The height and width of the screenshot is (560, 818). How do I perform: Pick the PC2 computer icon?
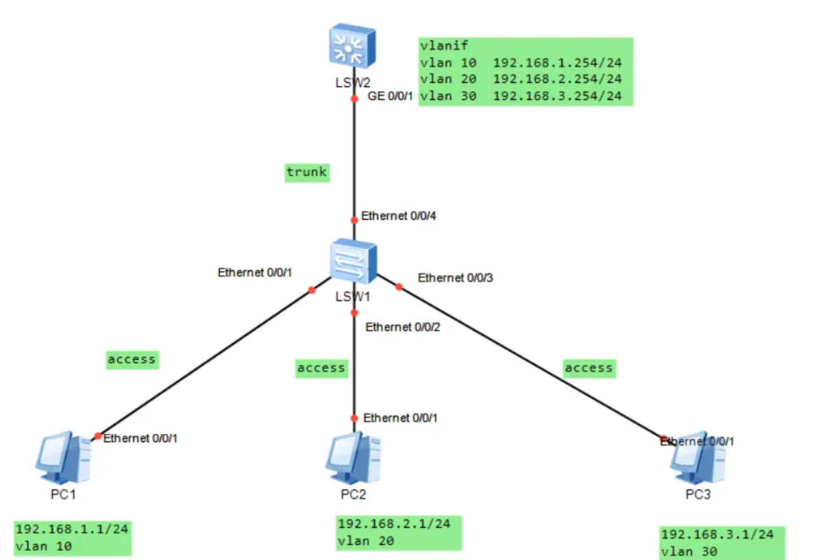354,456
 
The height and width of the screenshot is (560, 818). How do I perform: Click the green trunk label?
307,173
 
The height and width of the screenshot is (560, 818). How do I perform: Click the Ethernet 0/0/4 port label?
399,217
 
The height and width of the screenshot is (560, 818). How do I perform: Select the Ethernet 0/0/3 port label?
455,277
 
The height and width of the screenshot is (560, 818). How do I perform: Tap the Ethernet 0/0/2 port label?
403,327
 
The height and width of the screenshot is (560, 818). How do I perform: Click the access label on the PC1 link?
132,359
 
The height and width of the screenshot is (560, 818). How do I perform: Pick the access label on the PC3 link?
588,368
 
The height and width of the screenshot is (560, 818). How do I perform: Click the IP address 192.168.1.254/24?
557,62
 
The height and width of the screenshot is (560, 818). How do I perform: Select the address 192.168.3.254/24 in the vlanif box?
557,96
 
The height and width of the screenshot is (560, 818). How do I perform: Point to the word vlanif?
443,46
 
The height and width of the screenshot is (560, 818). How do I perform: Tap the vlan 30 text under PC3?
689,551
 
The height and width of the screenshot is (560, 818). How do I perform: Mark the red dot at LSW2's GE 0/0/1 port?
354,99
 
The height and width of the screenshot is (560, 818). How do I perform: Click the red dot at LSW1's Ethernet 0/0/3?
399,287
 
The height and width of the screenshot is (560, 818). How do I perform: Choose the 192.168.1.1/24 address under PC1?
72,529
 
